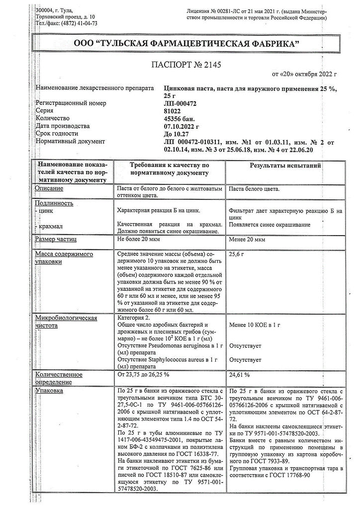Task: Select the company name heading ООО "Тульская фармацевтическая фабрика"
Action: (180, 44)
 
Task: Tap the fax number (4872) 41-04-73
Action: (74, 23)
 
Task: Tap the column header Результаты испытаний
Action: (285, 165)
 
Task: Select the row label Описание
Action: (49, 188)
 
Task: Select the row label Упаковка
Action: (49, 391)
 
